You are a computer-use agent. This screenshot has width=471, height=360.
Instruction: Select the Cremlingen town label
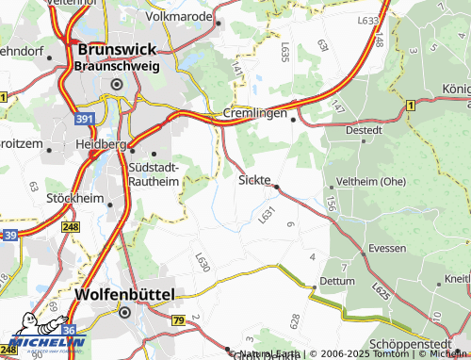coord(254,113)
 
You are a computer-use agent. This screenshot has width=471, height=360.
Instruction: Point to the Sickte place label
coord(254,179)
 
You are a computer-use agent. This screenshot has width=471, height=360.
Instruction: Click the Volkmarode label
coord(181,16)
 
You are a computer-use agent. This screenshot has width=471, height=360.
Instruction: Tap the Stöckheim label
coord(75,199)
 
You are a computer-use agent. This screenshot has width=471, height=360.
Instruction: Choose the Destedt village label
coord(364,130)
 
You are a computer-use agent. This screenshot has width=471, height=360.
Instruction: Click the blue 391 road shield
coord(84,119)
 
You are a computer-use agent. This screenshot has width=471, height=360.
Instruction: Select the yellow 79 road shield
coord(177,321)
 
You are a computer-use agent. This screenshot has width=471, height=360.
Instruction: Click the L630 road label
coord(202,263)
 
